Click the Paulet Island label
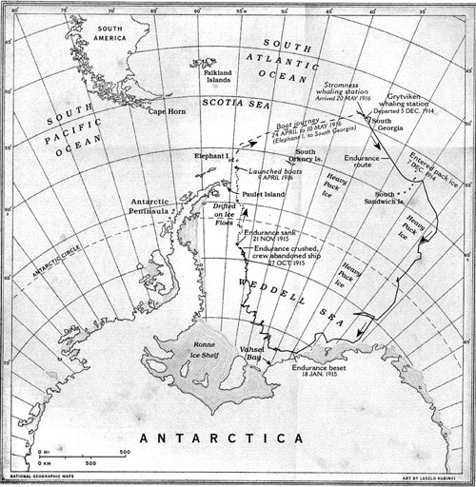[x=265, y=195]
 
